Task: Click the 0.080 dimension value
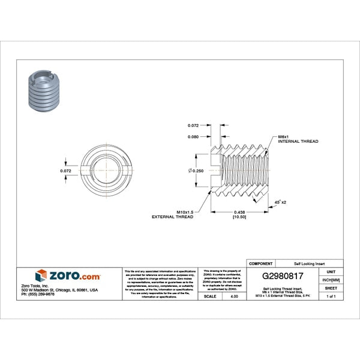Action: pos(193,137)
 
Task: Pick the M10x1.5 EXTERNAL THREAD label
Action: pos(172,214)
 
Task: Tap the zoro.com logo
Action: pos(68,276)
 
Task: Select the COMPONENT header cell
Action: pos(260,263)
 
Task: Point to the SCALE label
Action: pos(210,296)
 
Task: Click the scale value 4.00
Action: pos(234,296)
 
